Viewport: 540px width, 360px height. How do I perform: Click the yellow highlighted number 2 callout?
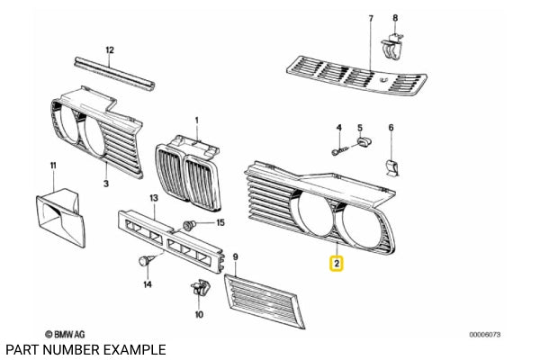click(x=336, y=264)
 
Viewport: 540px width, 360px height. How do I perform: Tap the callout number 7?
click(x=370, y=19)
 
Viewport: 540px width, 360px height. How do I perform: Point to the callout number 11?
click(x=52, y=165)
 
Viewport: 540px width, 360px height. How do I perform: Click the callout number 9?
click(x=235, y=256)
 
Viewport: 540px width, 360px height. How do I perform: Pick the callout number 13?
click(x=153, y=198)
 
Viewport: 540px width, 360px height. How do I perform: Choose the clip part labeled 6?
click(x=391, y=167)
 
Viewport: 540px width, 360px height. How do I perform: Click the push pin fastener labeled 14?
click(x=144, y=261)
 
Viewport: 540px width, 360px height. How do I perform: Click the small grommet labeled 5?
click(x=364, y=141)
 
